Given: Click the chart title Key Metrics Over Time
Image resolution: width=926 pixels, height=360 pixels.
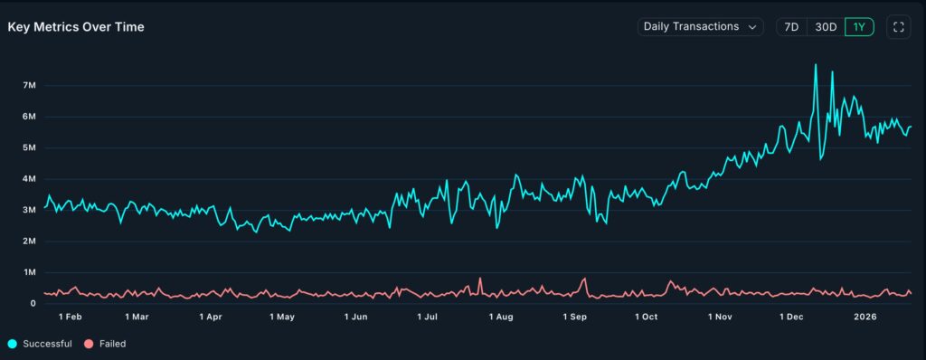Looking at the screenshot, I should (76, 27).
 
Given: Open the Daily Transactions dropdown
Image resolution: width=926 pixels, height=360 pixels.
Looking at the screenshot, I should (700, 27).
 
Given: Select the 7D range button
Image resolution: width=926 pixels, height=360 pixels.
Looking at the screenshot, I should (791, 27).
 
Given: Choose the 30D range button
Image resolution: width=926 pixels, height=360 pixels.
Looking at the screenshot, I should (826, 27).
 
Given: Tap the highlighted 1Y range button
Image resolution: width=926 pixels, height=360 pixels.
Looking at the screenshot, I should (859, 27).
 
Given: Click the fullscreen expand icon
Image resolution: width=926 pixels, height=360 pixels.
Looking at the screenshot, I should (899, 27).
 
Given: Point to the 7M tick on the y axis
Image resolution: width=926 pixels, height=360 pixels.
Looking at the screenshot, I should (28, 85).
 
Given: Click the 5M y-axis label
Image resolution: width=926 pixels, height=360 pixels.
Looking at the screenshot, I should (28, 147).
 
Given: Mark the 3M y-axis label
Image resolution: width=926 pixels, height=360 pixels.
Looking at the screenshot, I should (28, 210).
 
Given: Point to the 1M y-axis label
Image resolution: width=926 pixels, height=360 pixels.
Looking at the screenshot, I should (28, 272).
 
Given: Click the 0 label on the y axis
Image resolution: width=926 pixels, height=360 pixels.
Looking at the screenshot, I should (33, 304).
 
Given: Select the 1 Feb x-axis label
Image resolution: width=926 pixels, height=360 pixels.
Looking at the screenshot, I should (70, 317).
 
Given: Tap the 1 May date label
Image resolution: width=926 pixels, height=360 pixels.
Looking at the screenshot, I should (281, 317).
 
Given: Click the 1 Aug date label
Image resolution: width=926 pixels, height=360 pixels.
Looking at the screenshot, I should (501, 317).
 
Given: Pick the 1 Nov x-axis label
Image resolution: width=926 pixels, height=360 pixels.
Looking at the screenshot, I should (721, 317).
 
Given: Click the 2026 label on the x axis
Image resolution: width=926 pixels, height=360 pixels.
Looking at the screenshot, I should (866, 317).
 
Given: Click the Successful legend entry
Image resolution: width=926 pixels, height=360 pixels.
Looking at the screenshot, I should (41, 344).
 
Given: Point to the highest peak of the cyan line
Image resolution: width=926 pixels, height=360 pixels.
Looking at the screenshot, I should (816, 65).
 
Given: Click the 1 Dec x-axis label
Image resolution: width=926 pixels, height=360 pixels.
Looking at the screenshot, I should (792, 317).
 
